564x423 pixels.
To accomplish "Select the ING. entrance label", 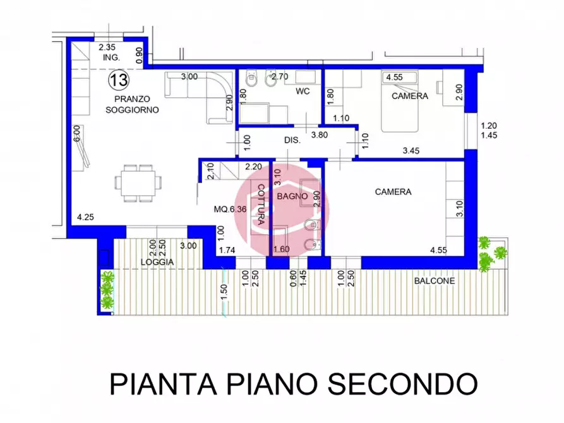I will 111,58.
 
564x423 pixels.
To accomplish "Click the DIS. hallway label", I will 291,141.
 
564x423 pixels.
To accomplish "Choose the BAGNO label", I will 295,196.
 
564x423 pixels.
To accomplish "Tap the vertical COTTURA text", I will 259,205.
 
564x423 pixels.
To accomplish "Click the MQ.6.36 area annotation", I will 231,210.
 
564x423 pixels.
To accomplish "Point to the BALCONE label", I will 435,282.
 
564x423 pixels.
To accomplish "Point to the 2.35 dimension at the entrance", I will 107,47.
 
